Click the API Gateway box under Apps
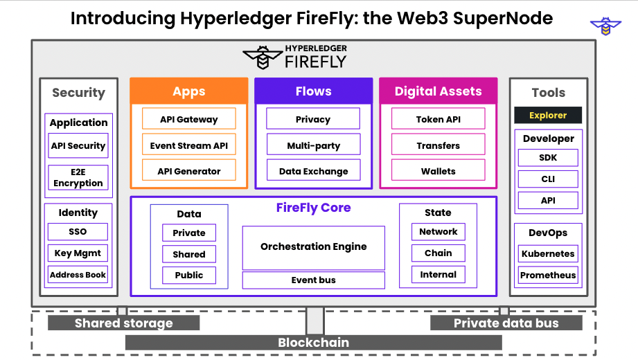pos(188,119)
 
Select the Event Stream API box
pos(188,145)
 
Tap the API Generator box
pos(188,171)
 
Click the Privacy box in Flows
pos(313,119)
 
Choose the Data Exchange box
pos(313,171)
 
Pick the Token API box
pos(438,119)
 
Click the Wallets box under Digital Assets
pos(438,171)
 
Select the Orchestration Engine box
pos(313,247)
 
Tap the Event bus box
pos(313,280)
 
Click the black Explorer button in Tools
pos(547,115)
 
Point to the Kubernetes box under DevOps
pos(548,253)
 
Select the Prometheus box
pos(548,275)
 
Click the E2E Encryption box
pos(78,177)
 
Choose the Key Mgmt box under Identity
pos(78,253)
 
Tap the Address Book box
pos(78,275)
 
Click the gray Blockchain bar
pos(313,343)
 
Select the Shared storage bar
pos(123,323)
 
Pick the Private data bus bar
pos(506,323)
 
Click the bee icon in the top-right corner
pos(605,26)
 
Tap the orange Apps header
pos(188,91)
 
